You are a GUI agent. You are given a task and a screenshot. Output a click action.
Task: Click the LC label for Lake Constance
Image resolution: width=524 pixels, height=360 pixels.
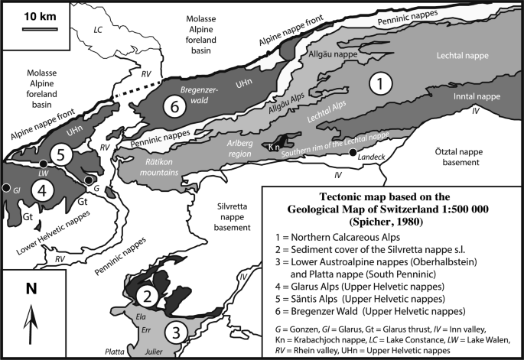pos(96,30)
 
